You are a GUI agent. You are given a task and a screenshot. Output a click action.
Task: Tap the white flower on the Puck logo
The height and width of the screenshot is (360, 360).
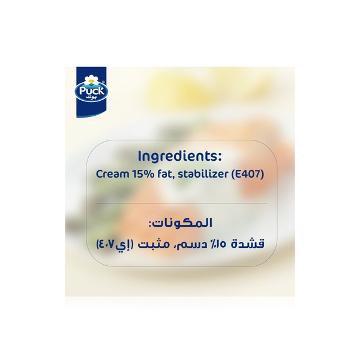(x=89, y=79)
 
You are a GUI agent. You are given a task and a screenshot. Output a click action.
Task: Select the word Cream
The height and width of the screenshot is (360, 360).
(x=111, y=175)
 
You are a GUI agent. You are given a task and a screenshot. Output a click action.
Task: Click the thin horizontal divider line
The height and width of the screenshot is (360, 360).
(x=180, y=204)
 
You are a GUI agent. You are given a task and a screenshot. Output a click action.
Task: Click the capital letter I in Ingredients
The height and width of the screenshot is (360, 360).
(x=140, y=156)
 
